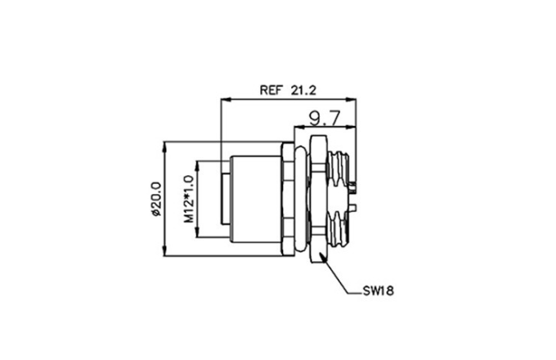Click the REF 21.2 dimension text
click(x=288, y=90)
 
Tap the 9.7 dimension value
click(x=325, y=118)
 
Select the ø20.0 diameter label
click(x=156, y=199)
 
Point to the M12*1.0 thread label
click(x=189, y=199)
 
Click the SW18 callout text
click(x=378, y=291)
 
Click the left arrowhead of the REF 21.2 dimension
click(x=226, y=100)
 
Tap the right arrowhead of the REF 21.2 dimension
click(x=351, y=100)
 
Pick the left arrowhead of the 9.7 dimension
click(x=299, y=126)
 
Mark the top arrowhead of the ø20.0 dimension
click(x=164, y=146)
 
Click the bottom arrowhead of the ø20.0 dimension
click(x=164, y=250)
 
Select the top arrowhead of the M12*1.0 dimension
click(x=198, y=166)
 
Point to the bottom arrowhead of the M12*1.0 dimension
click(x=198, y=232)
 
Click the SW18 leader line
click(x=337, y=274)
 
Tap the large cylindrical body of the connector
click(x=255, y=199)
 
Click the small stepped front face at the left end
click(x=226, y=199)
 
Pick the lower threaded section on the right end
click(x=338, y=229)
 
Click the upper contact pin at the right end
click(x=352, y=187)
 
